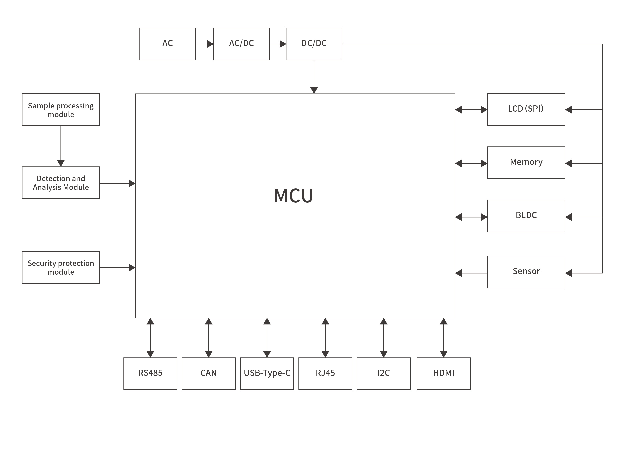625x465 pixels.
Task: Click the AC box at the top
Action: pyautogui.click(x=168, y=44)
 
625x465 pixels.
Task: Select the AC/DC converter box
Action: pyautogui.click(x=241, y=44)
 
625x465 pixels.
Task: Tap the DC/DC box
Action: pyautogui.click(x=314, y=44)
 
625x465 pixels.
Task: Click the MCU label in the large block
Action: pyautogui.click(x=293, y=195)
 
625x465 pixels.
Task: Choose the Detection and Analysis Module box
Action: pyautogui.click(x=61, y=183)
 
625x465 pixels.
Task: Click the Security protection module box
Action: pyautogui.click(x=61, y=268)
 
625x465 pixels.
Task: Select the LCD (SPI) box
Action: pyautogui.click(x=526, y=109)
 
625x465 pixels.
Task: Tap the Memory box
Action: pyautogui.click(x=526, y=163)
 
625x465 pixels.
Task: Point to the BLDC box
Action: pyautogui.click(x=526, y=216)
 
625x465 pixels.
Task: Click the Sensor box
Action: pyautogui.click(x=526, y=272)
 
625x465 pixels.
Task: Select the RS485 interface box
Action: pyautogui.click(x=150, y=374)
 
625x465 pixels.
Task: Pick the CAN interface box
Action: pyautogui.click(x=208, y=374)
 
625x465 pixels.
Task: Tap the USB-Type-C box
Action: pyautogui.click(x=267, y=374)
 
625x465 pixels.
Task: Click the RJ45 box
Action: pyautogui.click(x=325, y=374)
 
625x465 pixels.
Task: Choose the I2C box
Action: pyautogui.click(x=383, y=374)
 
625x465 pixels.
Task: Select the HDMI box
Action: pyautogui.click(x=443, y=374)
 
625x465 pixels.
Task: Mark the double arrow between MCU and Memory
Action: pyautogui.click(x=471, y=163)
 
